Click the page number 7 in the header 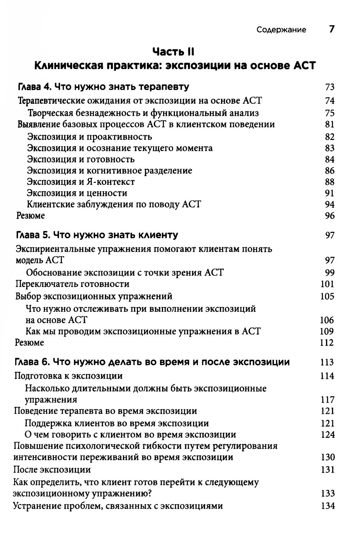click(332, 29)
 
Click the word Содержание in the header click(281, 30)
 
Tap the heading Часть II click(173, 52)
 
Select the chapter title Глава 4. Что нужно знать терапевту click(103, 87)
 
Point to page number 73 click(329, 87)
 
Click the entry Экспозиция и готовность click(81, 159)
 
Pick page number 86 click(329, 171)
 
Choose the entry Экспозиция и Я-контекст click(81, 182)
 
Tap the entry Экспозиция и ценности click(77, 193)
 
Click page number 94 click(329, 204)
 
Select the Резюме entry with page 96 click(31, 216)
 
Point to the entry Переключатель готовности click(72, 284)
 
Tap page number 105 click(327, 296)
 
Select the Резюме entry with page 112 click(30, 342)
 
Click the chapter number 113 click(327, 363)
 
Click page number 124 click(328, 435)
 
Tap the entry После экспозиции click(52, 469)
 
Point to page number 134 click(328, 506)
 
